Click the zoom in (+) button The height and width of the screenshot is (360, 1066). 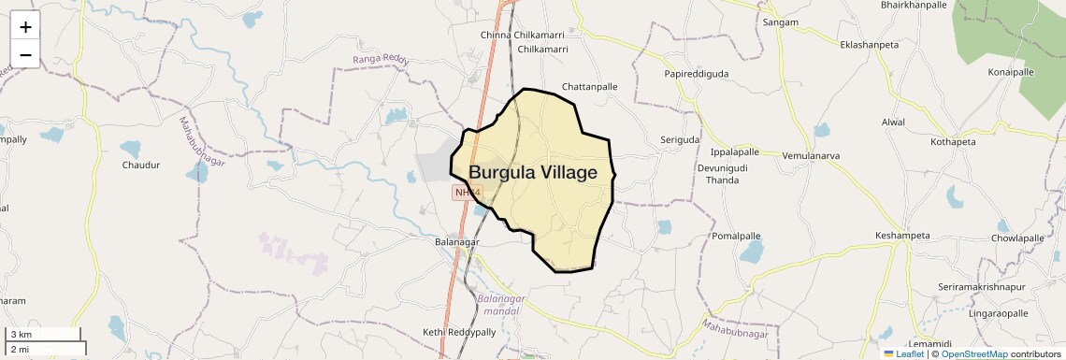(x=25, y=27)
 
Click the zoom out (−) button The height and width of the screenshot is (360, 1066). (x=25, y=54)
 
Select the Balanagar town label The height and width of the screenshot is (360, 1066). (x=457, y=242)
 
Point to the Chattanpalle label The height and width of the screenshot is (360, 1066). (x=589, y=87)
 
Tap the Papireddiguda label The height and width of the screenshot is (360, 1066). (x=696, y=73)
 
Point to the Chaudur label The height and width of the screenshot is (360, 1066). (x=141, y=166)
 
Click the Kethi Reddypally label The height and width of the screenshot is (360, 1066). (x=459, y=332)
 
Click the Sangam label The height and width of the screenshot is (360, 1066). (x=780, y=22)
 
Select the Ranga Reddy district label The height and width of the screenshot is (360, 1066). (x=381, y=60)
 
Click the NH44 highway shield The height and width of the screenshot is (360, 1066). (x=467, y=193)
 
